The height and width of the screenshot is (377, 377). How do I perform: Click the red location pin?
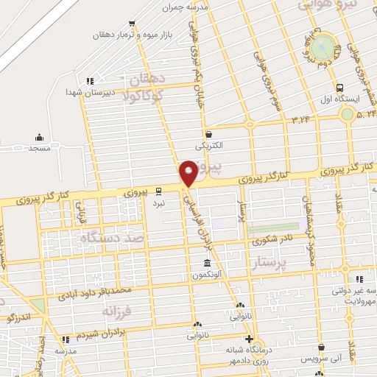click(x=188, y=172)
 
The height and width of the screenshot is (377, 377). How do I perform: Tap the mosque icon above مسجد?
click(x=39, y=137)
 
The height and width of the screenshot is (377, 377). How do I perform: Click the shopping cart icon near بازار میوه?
click(x=132, y=24)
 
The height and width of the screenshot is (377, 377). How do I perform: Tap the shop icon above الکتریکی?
click(x=210, y=135)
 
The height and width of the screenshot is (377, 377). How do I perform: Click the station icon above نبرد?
click(x=159, y=190)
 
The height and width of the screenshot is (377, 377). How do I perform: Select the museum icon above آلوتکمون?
click(x=206, y=264)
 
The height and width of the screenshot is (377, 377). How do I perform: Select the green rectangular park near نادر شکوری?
click(x=273, y=229)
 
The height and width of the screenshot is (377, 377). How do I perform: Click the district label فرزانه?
click(x=117, y=312)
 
